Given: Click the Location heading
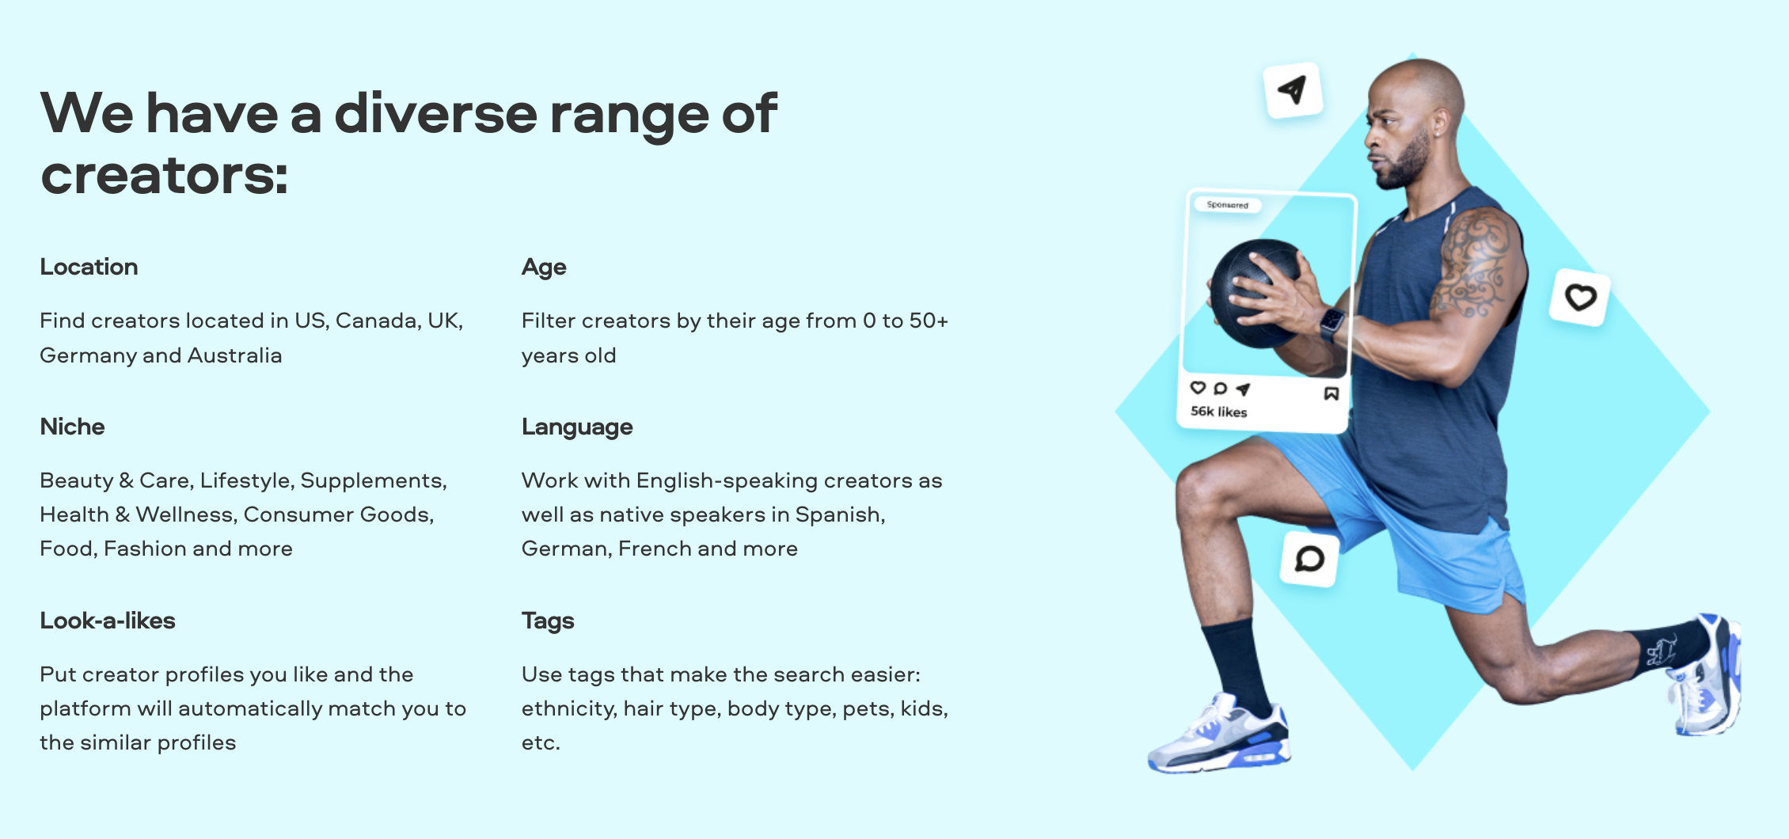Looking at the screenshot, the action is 89,267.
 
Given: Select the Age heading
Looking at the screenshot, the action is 544,268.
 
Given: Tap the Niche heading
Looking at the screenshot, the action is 72,427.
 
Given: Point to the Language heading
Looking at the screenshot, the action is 577,427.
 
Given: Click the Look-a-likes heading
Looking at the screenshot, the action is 108,621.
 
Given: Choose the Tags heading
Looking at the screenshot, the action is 548,621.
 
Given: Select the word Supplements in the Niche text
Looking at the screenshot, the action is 374,481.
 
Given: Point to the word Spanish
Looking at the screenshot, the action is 840,515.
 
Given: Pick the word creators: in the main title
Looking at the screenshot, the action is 165,176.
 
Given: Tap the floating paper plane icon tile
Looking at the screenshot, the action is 1293,90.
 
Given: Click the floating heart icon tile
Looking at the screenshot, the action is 1580,298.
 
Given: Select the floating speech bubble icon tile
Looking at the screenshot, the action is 1309,559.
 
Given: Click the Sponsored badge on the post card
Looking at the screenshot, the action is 1227,205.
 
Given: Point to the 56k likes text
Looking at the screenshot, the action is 1218,412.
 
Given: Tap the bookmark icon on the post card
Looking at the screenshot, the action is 1331,393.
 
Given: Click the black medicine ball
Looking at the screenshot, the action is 1256,293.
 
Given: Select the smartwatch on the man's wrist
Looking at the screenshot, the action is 1331,324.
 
